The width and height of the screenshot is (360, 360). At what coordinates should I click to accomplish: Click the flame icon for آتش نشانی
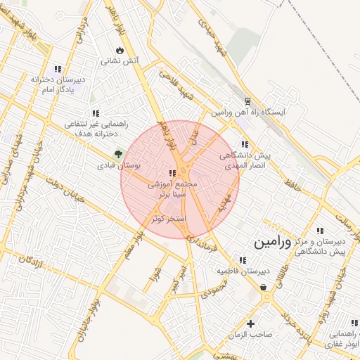pyautogui.click(x=120, y=50)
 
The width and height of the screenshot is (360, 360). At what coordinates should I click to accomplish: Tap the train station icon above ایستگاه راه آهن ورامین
pyautogui.click(x=247, y=101)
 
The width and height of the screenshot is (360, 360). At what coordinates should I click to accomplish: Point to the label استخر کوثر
pyautogui.click(x=169, y=219)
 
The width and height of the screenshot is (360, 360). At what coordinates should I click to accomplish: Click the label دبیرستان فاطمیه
pyautogui.click(x=243, y=271)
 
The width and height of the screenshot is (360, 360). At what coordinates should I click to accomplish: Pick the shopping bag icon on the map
pyautogui.click(x=264, y=287)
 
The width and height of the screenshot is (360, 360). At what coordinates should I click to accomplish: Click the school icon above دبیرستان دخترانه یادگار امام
pyautogui.click(x=58, y=69)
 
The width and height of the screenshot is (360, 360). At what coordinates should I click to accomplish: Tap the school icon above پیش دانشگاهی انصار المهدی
pyautogui.click(x=244, y=144)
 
